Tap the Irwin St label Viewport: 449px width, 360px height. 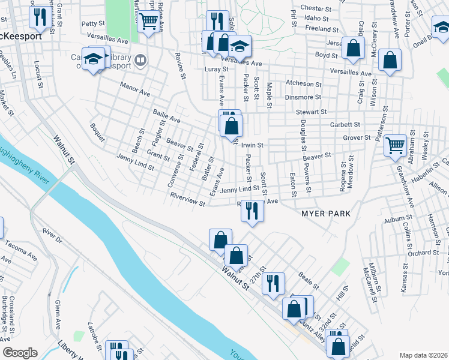click(252, 145)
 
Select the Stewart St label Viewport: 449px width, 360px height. click(310, 112)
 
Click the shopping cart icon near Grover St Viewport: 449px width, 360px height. click(395, 145)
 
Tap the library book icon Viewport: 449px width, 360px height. click(140, 60)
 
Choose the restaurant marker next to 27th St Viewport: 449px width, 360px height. click(273, 283)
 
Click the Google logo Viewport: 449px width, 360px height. click(20, 353)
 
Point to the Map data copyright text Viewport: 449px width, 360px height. click(424, 355)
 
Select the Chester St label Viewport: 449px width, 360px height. click(316, 9)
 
